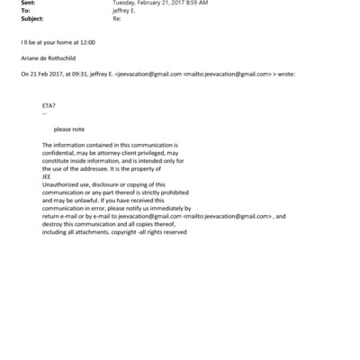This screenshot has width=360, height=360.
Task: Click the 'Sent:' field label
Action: point(9,4)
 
